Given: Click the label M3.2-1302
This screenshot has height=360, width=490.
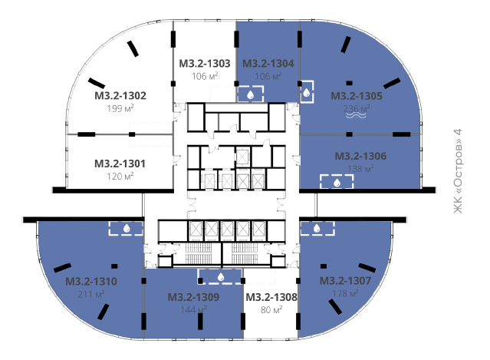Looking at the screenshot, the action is pyautogui.click(x=120, y=95).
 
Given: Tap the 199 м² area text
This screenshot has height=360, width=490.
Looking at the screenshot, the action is pyautogui.click(x=120, y=108).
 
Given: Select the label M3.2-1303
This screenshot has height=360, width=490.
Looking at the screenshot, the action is pyautogui.click(x=205, y=64).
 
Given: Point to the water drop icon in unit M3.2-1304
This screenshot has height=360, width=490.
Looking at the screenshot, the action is pyautogui.click(x=250, y=94).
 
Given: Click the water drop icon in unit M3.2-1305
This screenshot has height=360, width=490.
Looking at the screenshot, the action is pyautogui.click(x=307, y=92).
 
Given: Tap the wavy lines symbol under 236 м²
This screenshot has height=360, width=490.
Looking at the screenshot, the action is pyautogui.click(x=356, y=115).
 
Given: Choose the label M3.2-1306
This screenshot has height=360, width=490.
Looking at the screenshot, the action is pyautogui.click(x=360, y=156).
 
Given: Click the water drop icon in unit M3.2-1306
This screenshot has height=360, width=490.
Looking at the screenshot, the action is pyautogui.click(x=337, y=183).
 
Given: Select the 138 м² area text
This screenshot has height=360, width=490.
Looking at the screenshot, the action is pyautogui.click(x=360, y=169).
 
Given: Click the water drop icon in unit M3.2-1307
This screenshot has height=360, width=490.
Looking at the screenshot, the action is pyautogui.click(x=317, y=228).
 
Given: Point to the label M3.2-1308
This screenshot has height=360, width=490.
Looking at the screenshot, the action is pyautogui.click(x=271, y=297).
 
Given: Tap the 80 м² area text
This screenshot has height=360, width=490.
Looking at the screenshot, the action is pyautogui.click(x=271, y=309).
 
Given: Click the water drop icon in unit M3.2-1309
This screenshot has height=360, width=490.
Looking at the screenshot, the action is pyautogui.click(x=221, y=276).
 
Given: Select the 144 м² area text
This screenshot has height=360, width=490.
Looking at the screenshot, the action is pyautogui.click(x=194, y=309).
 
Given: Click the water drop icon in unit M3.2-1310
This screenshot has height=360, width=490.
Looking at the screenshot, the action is pyautogui.click(x=127, y=228).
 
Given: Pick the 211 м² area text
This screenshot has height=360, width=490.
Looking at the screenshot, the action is pyautogui.click(x=91, y=294).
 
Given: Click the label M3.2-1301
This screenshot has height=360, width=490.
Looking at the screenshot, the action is pyautogui.click(x=120, y=163).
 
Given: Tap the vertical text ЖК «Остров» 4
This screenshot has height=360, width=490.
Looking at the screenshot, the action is pyautogui.click(x=458, y=171).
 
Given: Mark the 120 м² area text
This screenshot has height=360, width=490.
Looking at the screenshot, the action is pyautogui.click(x=120, y=177).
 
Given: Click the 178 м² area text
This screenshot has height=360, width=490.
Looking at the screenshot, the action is pyautogui.click(x=345, y=293).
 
